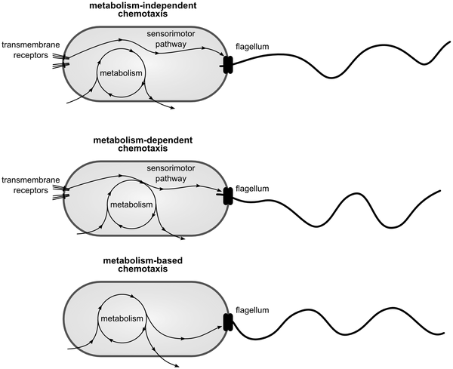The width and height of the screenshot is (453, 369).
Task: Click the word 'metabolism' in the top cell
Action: [122, 72]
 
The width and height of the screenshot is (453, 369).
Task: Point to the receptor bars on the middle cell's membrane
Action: [66, 192]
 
